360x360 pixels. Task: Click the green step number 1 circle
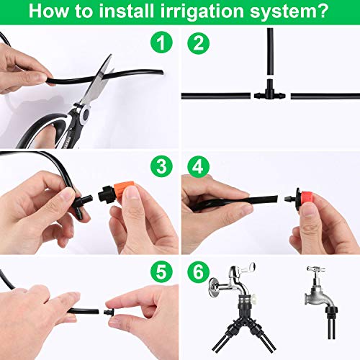pyautogui.click(x=161, y=42)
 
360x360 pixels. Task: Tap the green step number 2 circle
pyautogui.click(x=198, y=42)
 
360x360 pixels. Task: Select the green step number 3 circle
pyautogui.click(x=161, y=166)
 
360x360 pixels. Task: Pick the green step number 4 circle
pyautogui.click(x=198, y=166)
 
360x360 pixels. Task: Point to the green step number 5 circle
pyautogui.click(x=161, y=272)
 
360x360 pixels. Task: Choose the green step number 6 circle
pyautogui.click(x=198, y=272)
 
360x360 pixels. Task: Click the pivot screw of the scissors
pyautogui.click(x=85, y=114)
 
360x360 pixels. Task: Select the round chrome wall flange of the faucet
pyautogui.click(x=215, y=288)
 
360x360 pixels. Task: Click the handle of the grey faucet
pyautogui.click(x=316, y=269)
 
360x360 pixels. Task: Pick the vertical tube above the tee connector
pyautogui.click(x=270, y=52)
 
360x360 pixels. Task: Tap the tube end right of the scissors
pyautogui.click(x=161, y=72)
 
